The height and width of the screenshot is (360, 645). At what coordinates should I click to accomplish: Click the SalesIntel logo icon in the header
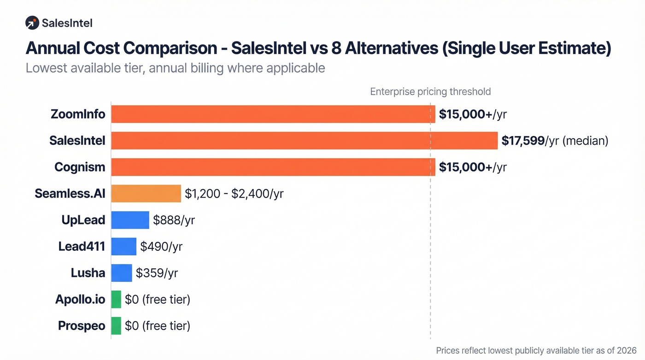(x=32, y=23)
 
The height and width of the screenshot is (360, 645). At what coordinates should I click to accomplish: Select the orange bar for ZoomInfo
(x=273, y=114)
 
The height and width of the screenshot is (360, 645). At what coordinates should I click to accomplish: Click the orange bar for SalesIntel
(x=304, y=141)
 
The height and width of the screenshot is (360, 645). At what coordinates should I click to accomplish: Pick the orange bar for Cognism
(x=273, y=167)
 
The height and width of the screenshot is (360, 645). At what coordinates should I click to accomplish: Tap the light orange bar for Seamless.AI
(x=146, y=194)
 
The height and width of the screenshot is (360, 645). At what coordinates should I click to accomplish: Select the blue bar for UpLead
(x=130, y=220)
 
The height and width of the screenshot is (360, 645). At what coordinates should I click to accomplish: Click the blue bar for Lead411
(x=123, y=247)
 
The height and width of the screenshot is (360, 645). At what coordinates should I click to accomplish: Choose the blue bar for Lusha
(x=122, y=273)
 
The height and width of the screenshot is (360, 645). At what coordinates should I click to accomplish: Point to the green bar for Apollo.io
(x=116, y=300)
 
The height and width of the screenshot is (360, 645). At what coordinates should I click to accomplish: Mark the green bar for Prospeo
(x=116, y=326)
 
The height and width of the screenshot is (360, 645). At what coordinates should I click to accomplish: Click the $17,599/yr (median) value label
(x=555, y=141)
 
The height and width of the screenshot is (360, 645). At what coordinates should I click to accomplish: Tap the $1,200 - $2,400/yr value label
(x=234, y=194)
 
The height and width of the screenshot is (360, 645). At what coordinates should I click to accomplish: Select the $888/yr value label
(x=174, y=220)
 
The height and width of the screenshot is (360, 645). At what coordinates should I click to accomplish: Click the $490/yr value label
(x=161, y=247)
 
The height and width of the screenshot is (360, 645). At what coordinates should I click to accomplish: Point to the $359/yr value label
(x=157, y=273)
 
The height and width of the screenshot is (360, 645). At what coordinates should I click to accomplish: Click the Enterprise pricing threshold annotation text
(x=430, y=92)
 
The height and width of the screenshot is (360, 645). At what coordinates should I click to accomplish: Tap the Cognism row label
(x=80, y=167)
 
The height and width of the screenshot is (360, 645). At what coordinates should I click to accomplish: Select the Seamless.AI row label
(x=70, y=194)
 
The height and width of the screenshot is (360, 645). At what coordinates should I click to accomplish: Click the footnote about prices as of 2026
(x=536, y=350)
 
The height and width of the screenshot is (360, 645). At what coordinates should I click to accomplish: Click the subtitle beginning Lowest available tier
(x=175, y=68)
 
